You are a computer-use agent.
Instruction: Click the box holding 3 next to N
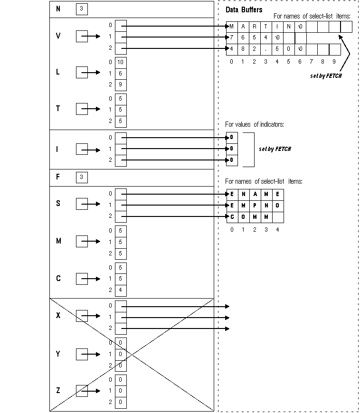pos(81,9)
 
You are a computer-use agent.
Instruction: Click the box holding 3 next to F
pos(81,178)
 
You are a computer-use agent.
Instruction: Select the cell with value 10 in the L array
pos(121,62)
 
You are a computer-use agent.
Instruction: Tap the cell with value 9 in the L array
pos(121,84)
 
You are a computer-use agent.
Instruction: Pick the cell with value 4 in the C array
pos(121,290)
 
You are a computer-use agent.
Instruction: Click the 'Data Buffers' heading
pos(244,9)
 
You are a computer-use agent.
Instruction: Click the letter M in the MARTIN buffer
pos(232,27)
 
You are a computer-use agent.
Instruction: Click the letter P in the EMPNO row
pos(255,206)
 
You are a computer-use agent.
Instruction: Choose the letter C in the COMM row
pos(232,217)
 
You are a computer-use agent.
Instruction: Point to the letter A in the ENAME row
pos(255,194)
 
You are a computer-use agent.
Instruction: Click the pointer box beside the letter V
pos(82,36)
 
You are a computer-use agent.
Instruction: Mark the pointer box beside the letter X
pos(82,316)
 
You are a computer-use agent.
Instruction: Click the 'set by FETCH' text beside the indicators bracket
pos(275,149)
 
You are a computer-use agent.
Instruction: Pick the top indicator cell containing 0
pos(232,138)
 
